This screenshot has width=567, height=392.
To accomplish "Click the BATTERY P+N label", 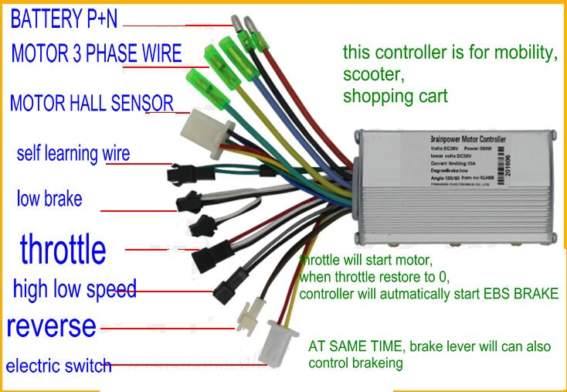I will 64,19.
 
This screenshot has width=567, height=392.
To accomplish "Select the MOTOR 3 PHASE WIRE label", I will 96,53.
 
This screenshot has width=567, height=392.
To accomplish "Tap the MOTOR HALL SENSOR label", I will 91,103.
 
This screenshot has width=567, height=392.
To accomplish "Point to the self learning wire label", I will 73,152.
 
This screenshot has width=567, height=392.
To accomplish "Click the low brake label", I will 49,199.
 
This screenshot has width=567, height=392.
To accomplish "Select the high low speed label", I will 74,290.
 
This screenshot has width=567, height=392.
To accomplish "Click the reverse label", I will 51,326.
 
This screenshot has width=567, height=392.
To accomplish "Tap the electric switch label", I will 58,365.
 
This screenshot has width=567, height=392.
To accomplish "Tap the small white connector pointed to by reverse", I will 248,315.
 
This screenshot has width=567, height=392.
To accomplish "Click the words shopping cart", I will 395,97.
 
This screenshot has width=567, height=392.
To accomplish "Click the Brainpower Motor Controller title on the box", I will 467,138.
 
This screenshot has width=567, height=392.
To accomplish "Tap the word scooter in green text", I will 373,76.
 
